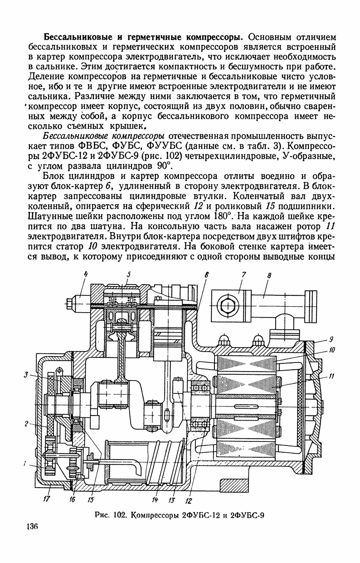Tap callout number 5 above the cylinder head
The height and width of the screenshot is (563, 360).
129,274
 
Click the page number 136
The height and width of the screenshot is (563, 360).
31,527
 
